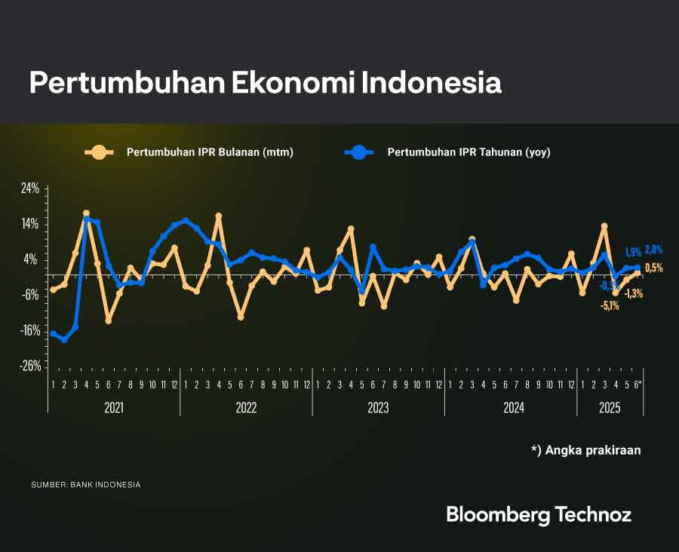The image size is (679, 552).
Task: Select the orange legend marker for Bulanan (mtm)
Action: (98, 152)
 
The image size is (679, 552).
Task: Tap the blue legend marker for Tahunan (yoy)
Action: (359, 152)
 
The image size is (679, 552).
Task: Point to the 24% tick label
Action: (30, 189)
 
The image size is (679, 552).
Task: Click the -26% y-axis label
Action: (29, 366)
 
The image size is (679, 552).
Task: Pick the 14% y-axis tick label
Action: (30, 224)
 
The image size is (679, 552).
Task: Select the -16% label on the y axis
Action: (29, 330)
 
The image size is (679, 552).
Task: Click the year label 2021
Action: (113, 408)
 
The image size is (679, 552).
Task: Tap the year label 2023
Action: (378, 408)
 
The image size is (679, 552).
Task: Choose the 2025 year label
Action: (610, 408)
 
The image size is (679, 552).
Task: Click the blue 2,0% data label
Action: (653, 250)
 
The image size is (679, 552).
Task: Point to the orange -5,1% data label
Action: (610, 305)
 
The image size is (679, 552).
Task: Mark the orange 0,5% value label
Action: (653, 268)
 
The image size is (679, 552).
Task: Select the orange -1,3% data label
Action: (634, 293)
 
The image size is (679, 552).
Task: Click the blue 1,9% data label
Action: (633, 252)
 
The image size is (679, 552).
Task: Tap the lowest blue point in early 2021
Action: (65, 340)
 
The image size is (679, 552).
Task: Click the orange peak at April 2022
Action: (219, 216)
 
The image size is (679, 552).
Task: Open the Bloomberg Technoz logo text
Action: (539, 515)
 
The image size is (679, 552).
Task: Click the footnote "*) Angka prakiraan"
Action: (585, 449)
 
